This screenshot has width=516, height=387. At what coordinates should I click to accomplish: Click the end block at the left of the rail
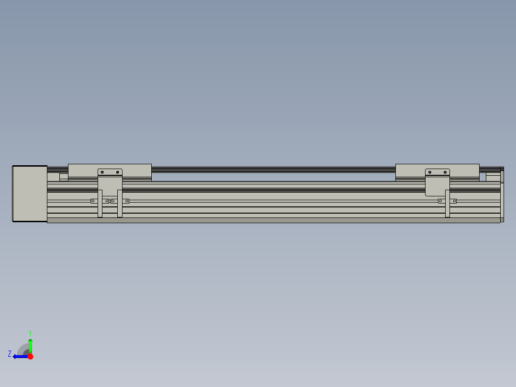click(30, 193)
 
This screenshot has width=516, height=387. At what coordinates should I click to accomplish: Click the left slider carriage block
click(84, 171)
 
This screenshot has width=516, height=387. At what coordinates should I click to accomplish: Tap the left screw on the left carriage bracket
click(102, 172)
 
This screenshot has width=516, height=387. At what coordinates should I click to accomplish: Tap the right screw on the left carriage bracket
click(118, 172)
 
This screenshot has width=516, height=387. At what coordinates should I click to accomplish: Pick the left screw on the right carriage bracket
click(430, 172)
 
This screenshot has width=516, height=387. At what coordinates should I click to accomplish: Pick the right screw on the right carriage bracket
click(446, 172)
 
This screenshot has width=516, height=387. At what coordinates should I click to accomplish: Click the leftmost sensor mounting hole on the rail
click(93, 201)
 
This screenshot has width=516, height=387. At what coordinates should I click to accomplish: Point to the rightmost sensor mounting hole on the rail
click(454, 201)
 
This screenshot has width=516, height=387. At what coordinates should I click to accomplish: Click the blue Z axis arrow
click(19, 356)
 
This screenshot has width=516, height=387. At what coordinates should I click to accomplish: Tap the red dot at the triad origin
click(30, 356)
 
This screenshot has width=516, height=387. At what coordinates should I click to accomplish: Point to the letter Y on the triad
click(30, 332)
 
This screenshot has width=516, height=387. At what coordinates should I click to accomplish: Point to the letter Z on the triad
click(10, 354)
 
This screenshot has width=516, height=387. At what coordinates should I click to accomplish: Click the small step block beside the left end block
click(64, 176)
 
